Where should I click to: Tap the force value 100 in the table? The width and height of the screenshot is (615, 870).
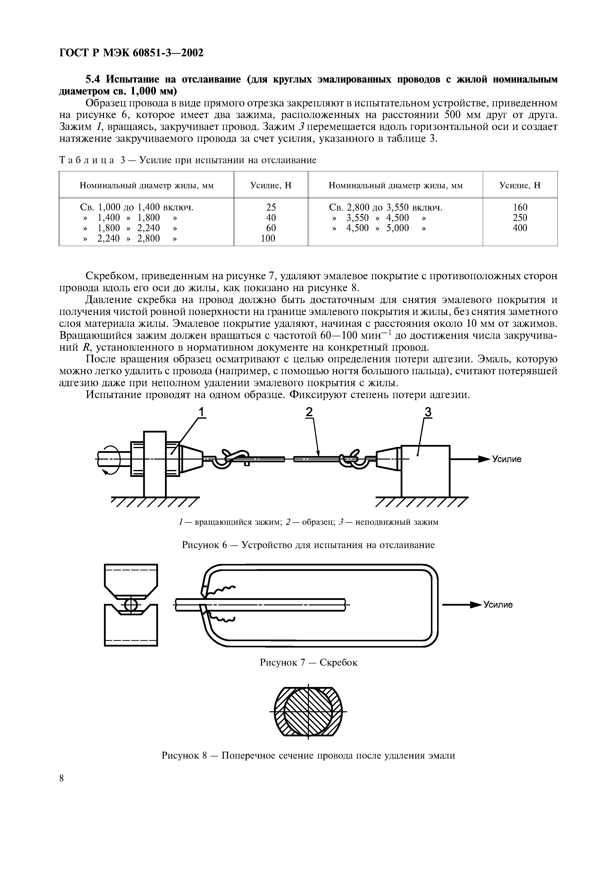[x=268, y=238]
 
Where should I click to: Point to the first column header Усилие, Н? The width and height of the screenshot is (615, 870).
[x=271, y=185]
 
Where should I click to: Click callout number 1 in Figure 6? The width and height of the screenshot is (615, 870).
[x=202, y=412]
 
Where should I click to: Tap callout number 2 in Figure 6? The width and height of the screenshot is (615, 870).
[x=310, y=412]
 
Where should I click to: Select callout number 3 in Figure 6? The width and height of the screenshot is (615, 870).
[x=427, y=412]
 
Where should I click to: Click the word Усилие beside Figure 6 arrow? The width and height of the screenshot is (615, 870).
[x=507, y=459]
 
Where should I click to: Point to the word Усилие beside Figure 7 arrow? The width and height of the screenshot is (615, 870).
[x=498, y=605]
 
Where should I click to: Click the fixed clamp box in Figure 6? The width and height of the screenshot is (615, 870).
[x=425, y=471]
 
